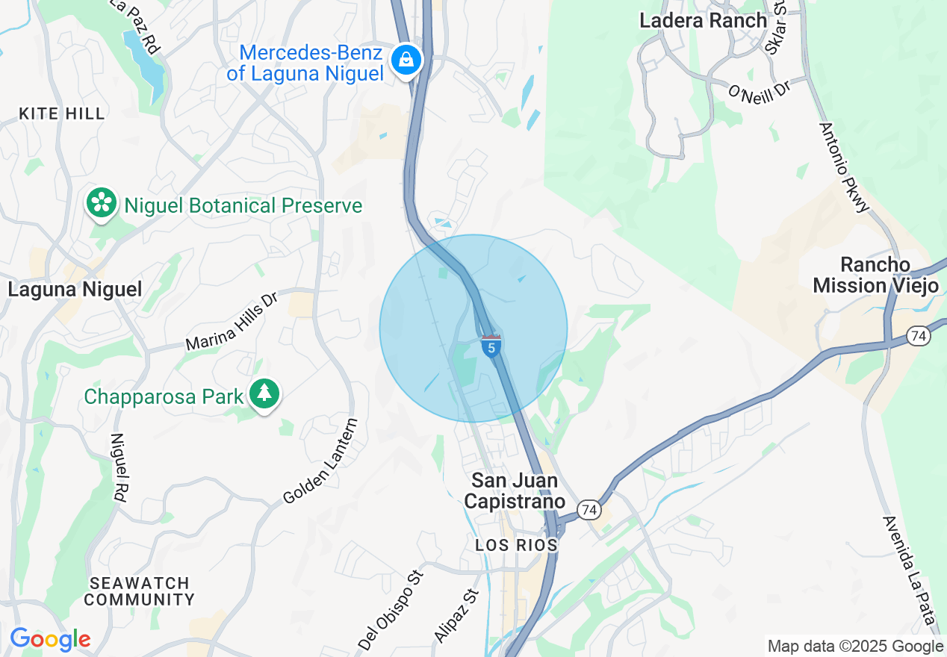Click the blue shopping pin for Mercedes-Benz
click(406, 59)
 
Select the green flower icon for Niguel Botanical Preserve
click(101, 203)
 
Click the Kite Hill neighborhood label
click(62, 113)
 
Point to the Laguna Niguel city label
click(75, 290)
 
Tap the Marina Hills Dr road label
click(232, 322)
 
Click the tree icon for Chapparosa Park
click(264, 393)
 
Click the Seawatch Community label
click(139, 591)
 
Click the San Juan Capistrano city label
click(514, 491)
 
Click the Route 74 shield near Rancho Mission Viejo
click(919, 336)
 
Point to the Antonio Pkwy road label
click(845, 168)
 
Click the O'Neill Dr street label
click(759, 93)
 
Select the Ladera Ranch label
click(703, 20)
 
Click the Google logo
click(50, 639)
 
